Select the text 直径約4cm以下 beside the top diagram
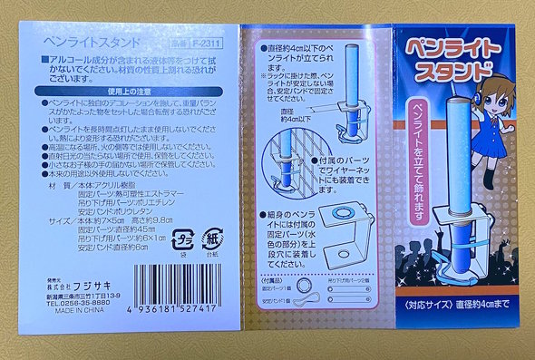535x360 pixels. [297, 44]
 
